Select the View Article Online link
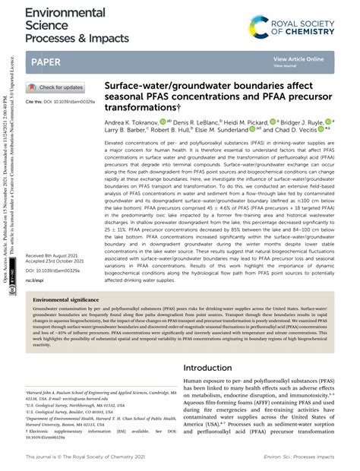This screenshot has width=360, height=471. (x=298, y=58)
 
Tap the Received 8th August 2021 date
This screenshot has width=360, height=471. (x=57, y=256)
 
